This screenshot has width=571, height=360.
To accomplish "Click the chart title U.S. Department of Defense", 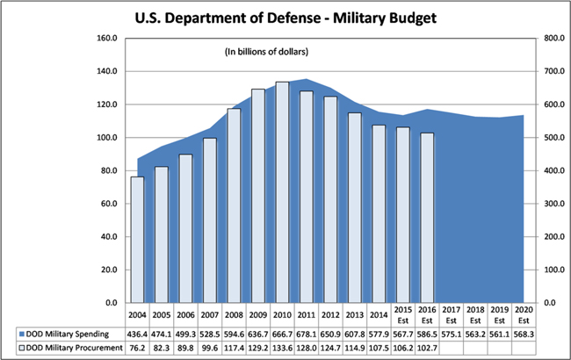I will click(x=285, y=17).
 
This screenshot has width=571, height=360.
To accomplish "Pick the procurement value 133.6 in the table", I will click(x=282, y=349).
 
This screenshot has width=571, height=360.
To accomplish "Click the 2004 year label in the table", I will click(x=138, y=313).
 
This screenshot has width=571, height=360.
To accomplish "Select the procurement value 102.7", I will click(x=426, y=349).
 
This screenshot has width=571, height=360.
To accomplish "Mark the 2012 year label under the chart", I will click(x=329, y=313).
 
